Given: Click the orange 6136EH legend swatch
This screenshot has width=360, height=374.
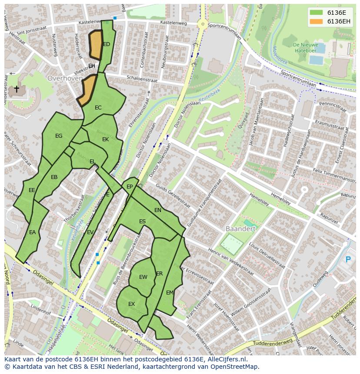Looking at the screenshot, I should [317, 21].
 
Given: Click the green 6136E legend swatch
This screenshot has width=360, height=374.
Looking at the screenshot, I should [317, 13].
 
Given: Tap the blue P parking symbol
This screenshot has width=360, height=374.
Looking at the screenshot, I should [348, 260].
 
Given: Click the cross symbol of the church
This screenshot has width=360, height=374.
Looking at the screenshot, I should [17, 89].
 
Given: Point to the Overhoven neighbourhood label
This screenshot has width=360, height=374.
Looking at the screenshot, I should [64, 79].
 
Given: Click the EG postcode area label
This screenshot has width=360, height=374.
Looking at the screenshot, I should [59, 136].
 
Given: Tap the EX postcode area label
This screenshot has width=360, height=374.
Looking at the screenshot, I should [131, 304].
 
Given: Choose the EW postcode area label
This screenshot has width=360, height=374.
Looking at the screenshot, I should [143, 277].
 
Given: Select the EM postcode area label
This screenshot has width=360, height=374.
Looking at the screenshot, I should [170, 293].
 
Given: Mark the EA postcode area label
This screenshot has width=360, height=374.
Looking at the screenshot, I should [32, 232].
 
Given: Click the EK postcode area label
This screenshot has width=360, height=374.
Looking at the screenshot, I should [105, 139].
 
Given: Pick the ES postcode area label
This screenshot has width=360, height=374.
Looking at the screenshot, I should [142, 222].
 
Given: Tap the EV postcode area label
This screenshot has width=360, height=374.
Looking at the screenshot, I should [90, 232].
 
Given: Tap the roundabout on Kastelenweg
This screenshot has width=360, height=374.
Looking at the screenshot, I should [202, 25].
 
